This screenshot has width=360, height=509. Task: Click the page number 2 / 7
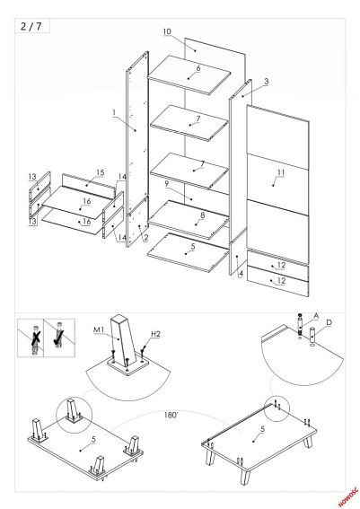click(x=30, y=27)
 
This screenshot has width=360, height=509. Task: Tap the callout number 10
click(x=167, y=32)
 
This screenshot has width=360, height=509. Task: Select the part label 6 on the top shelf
click(x=198, y=67)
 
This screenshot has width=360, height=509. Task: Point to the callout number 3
click(x=265, y=82)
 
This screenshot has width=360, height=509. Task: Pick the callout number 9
click(x=166, y=183)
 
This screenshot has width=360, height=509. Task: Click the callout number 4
click(x=240, y=272)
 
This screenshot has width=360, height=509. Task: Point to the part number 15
click(x=101, y=171)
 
